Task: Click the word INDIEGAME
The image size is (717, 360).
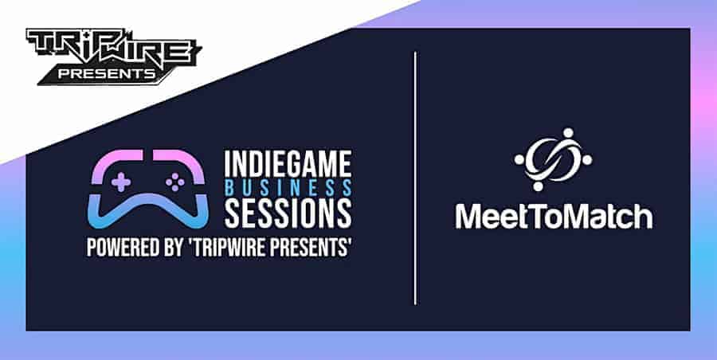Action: [x=288, y=164]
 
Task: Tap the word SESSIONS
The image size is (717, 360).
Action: [x=288, y=213]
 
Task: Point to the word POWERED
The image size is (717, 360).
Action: [x=120, y=248]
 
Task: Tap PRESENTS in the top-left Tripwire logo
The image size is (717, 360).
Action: [x=107, y=74]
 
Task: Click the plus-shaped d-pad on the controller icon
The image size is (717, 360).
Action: [x=121, y=182]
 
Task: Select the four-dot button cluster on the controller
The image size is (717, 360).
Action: [x=175, y=182]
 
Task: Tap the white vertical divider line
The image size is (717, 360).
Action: [x=415, y=178]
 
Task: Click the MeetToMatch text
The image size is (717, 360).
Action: [x=554, y=217]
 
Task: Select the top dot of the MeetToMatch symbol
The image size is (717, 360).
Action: [x=568, y=133]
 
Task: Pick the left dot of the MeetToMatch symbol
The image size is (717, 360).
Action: [x=519, y=159]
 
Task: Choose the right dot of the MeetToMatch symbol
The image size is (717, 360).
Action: [x=588, y=159]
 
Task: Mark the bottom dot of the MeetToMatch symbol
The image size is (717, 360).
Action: [x=539, y=186]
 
